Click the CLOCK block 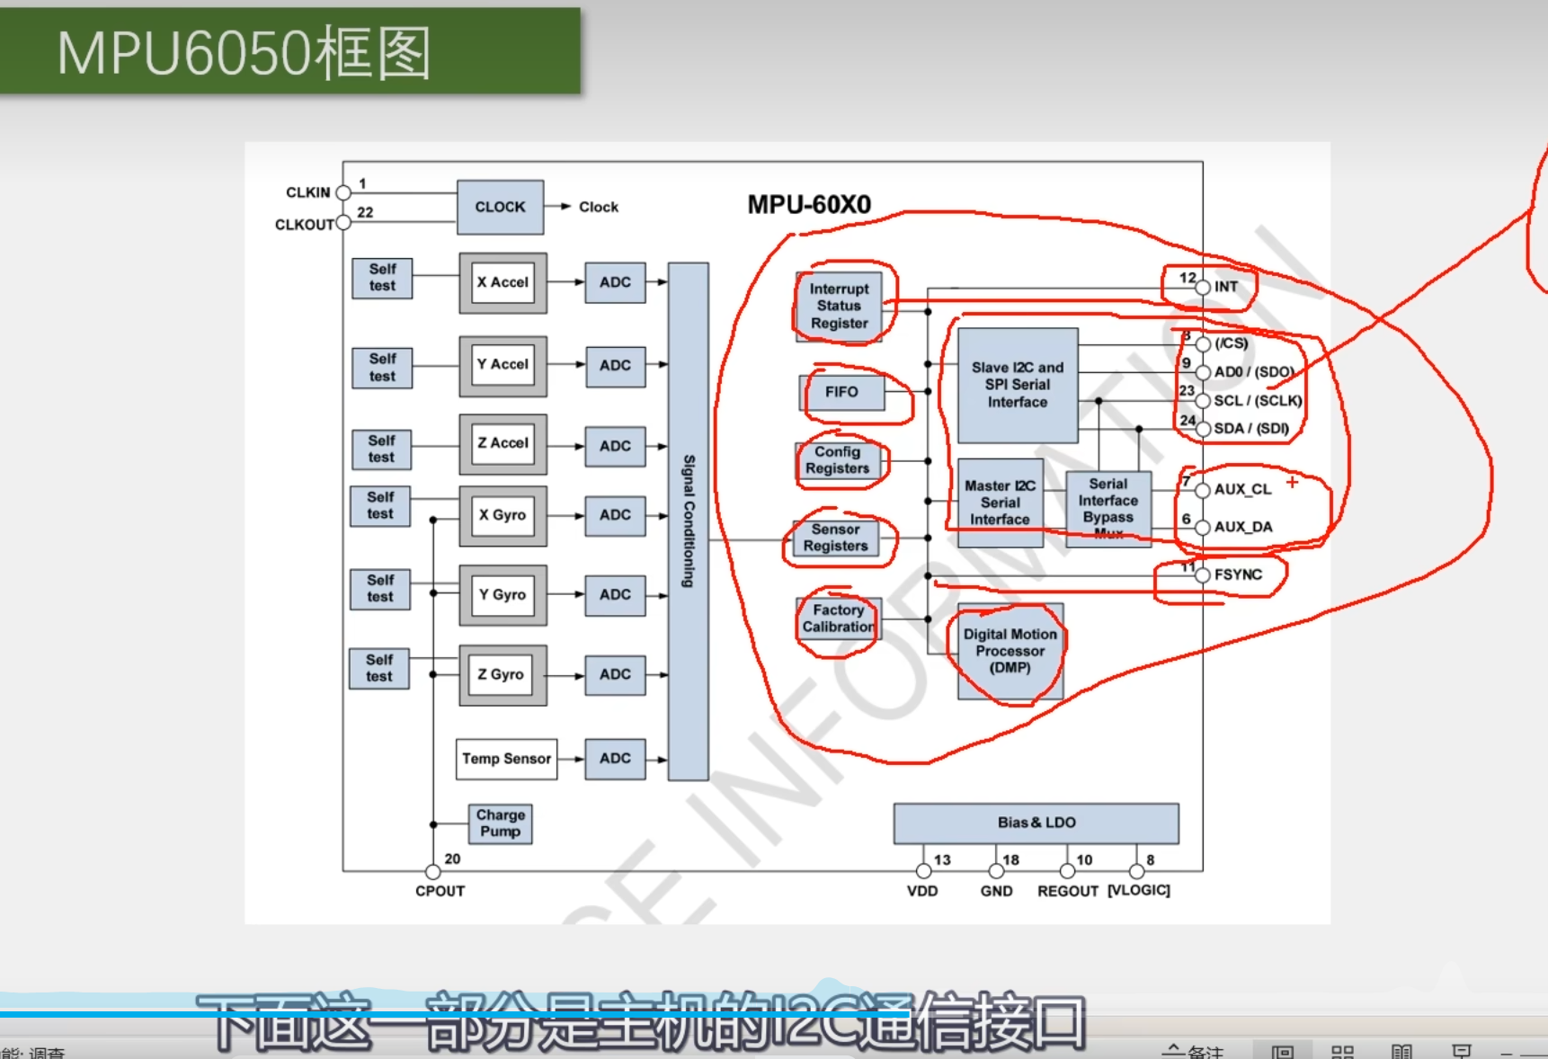[500, 207]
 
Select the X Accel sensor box [503, 282]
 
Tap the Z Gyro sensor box [501, 674]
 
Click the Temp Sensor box [506, 759]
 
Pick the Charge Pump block [501, 823]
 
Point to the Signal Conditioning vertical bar [688, 521]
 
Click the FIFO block [841, 392]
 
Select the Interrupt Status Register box [839, 306]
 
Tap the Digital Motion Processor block [1010, 651]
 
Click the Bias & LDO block [1036, 823]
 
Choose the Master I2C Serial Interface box [1000, 503]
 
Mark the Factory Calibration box [838, 618]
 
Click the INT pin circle [1203, 288]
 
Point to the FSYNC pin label [1238, 574]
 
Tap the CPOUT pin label [440, 891]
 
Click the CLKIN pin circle [343, 192]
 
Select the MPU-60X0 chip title [809, 205]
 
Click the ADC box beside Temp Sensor [615, 759]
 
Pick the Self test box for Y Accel [382, 368]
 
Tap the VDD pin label [922, 891]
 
